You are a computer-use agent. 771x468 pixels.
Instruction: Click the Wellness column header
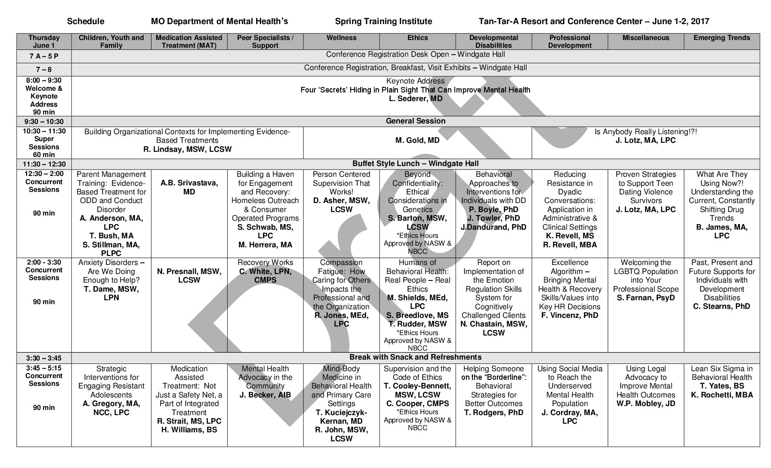click(341, 38)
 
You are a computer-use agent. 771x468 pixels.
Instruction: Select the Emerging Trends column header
click(722, 38)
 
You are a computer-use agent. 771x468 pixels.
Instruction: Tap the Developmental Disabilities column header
click(493, 41)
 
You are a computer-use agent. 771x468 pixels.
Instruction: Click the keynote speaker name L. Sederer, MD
click(415, 99)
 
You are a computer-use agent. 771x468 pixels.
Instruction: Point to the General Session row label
click(415, 121)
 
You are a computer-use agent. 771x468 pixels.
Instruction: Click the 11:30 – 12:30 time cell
click(44, 164)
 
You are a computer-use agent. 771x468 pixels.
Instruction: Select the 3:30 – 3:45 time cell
click(44, 358)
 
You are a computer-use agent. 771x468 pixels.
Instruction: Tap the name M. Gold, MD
click(417, 140)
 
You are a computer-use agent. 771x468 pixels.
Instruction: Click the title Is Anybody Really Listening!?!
click(645, 132)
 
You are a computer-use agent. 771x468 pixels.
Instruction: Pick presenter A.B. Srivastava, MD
click(189, 187)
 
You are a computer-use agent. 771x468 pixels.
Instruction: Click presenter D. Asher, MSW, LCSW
click(341, 205)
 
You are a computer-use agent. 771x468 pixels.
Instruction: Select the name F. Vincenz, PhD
click(570, 315)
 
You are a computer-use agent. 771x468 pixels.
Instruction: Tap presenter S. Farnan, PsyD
click(645, 298)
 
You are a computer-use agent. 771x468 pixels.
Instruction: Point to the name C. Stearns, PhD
click(722, 306)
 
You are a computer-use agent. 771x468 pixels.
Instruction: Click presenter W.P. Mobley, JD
click(645, 403)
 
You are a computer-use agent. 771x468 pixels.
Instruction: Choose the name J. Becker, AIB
click(265, 395)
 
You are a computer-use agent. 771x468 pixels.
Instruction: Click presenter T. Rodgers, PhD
click(493, 413)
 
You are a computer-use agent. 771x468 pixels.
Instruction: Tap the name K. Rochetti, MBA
click(722, 395)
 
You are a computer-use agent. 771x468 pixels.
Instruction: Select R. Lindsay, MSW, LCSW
click(187, 149)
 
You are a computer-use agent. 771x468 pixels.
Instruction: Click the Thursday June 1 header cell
click(44, 41)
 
